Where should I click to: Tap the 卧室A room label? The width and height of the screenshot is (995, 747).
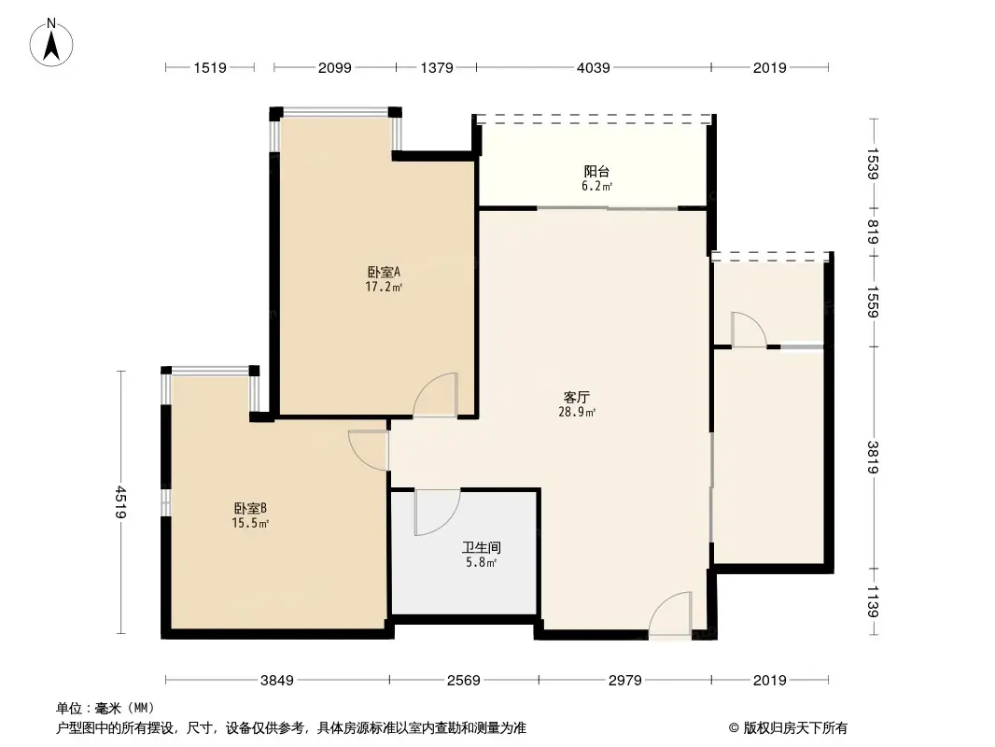pos(383,273)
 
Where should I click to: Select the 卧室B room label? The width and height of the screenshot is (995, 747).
pos(251,509)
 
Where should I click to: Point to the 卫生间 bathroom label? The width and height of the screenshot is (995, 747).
pos(482,548)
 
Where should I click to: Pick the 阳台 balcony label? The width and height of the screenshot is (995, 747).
pos(597,172)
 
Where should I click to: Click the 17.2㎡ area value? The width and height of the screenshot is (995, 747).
pos(384,288)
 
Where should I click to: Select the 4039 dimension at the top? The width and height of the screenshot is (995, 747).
pos(594,67)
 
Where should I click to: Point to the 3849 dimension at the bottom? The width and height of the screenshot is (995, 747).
pos(276,681)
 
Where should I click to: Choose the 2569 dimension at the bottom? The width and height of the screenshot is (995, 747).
pos(463,681)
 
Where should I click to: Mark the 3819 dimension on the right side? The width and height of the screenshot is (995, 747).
pos(874,457)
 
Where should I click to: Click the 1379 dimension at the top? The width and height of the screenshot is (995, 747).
pos(436,67)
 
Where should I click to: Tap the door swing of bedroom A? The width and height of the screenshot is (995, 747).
pos(435,395)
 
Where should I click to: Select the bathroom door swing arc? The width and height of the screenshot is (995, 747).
pos(437,512)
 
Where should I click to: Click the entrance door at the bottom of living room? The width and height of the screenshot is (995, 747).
pos(670,616)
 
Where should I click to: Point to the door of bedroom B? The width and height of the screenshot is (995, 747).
pos(369,449)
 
